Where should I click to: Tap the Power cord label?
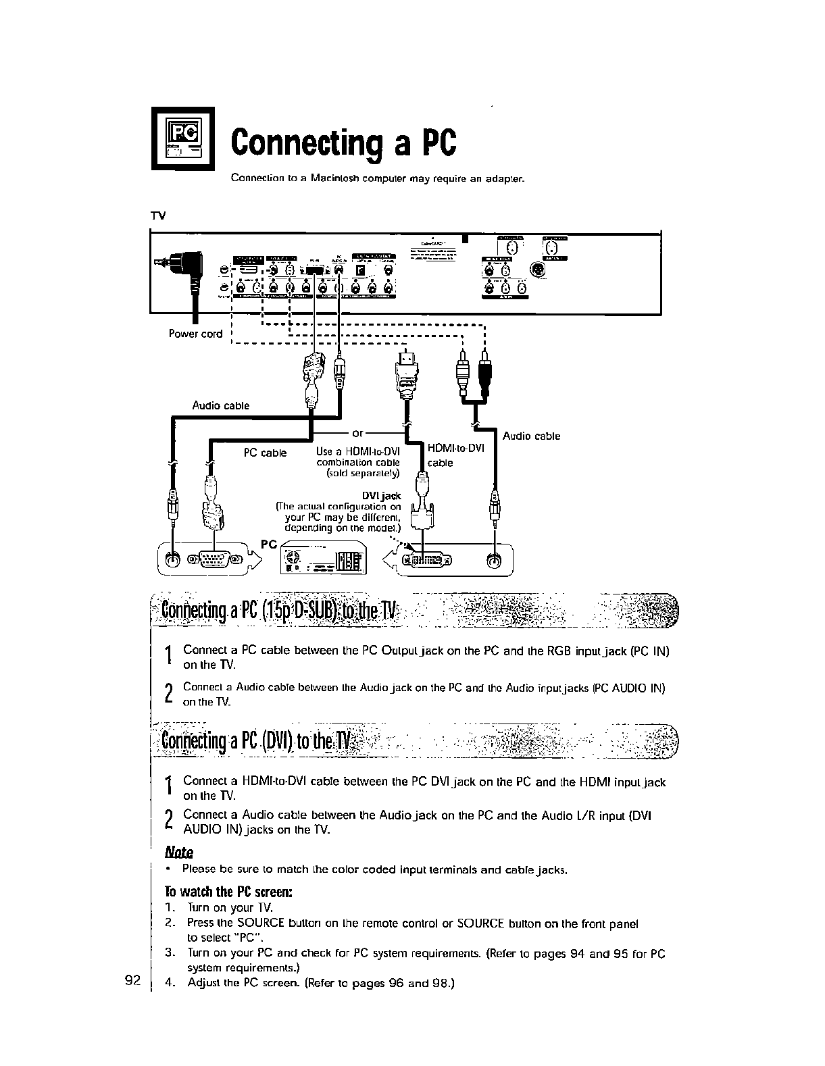click(195, 334)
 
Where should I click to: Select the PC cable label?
click(265, 453)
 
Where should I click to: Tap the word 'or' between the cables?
click(358, 432)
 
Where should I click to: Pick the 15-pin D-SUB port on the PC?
click(215, 559)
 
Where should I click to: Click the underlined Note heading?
click(179, 852)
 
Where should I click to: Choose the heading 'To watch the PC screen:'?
click(228, 892)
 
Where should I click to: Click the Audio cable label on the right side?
click(531, 436)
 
